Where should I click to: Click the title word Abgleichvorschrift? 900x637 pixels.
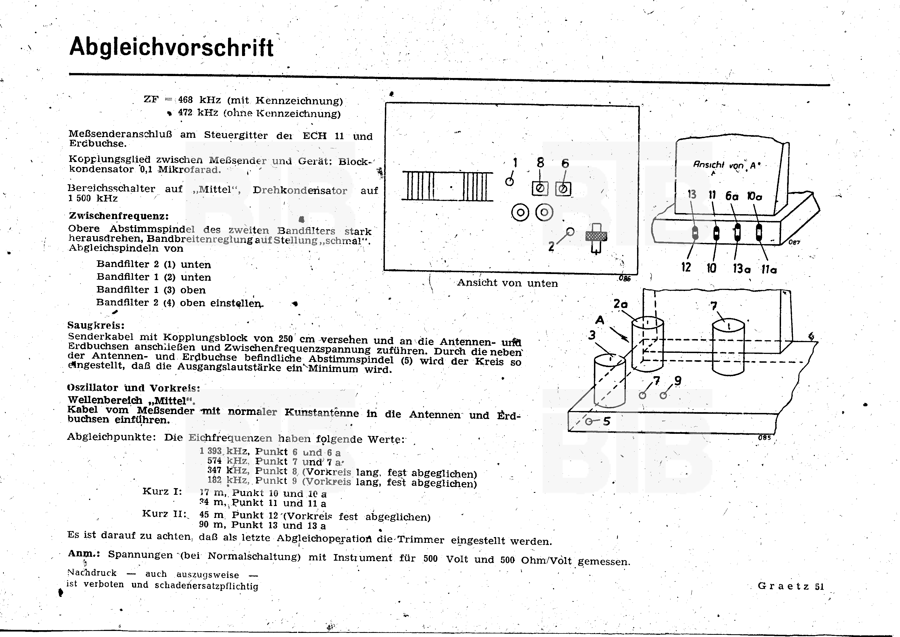point(171,48)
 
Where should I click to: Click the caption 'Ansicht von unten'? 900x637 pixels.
point(507,283)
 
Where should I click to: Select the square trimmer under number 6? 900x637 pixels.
point(563,189)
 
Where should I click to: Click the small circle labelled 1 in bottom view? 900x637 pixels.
point(509,181)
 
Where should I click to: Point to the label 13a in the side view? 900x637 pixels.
point(741,269)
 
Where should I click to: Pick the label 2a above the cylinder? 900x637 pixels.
point(621,304)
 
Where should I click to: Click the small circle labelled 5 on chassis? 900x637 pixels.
point(589,422)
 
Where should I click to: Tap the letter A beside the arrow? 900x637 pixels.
point(600,320)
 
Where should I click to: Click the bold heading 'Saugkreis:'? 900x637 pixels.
point(96,325)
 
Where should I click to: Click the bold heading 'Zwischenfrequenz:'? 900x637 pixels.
point(118,216)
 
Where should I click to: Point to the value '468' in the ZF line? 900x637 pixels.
point(185,100)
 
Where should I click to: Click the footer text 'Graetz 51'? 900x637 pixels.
point(790,586)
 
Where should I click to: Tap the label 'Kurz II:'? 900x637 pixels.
point(164,513)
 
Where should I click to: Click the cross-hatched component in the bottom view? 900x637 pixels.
point(596,236)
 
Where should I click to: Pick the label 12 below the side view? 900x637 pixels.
point(686,267)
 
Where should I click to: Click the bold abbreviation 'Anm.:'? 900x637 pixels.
point(84,554)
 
